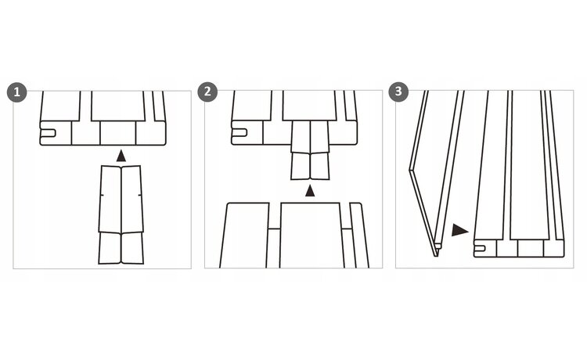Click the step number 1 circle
tap(17, 92)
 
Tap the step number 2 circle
tap(207, 92)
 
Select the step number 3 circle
tap(398, 92)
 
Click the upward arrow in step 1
tap(121, 156)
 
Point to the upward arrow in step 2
tap(310, 190)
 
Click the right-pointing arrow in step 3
tap(459, 230)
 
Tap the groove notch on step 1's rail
tap(48, 133)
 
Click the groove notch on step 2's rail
tap(239, 133)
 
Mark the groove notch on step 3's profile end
tap(480, 248)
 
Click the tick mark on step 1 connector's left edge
tap(102, 195)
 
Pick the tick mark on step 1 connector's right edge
tap(139, 195)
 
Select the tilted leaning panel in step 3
tap(437, 173)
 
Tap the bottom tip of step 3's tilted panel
tap(436, 256)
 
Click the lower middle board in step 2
tap(311, 236)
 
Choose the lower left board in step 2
tap(245, 236)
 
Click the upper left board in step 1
tap(60, 106)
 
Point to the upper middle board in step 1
tap(118, 106)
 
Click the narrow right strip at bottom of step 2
tap(358, 236)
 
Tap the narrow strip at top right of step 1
tap(159, 106)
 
